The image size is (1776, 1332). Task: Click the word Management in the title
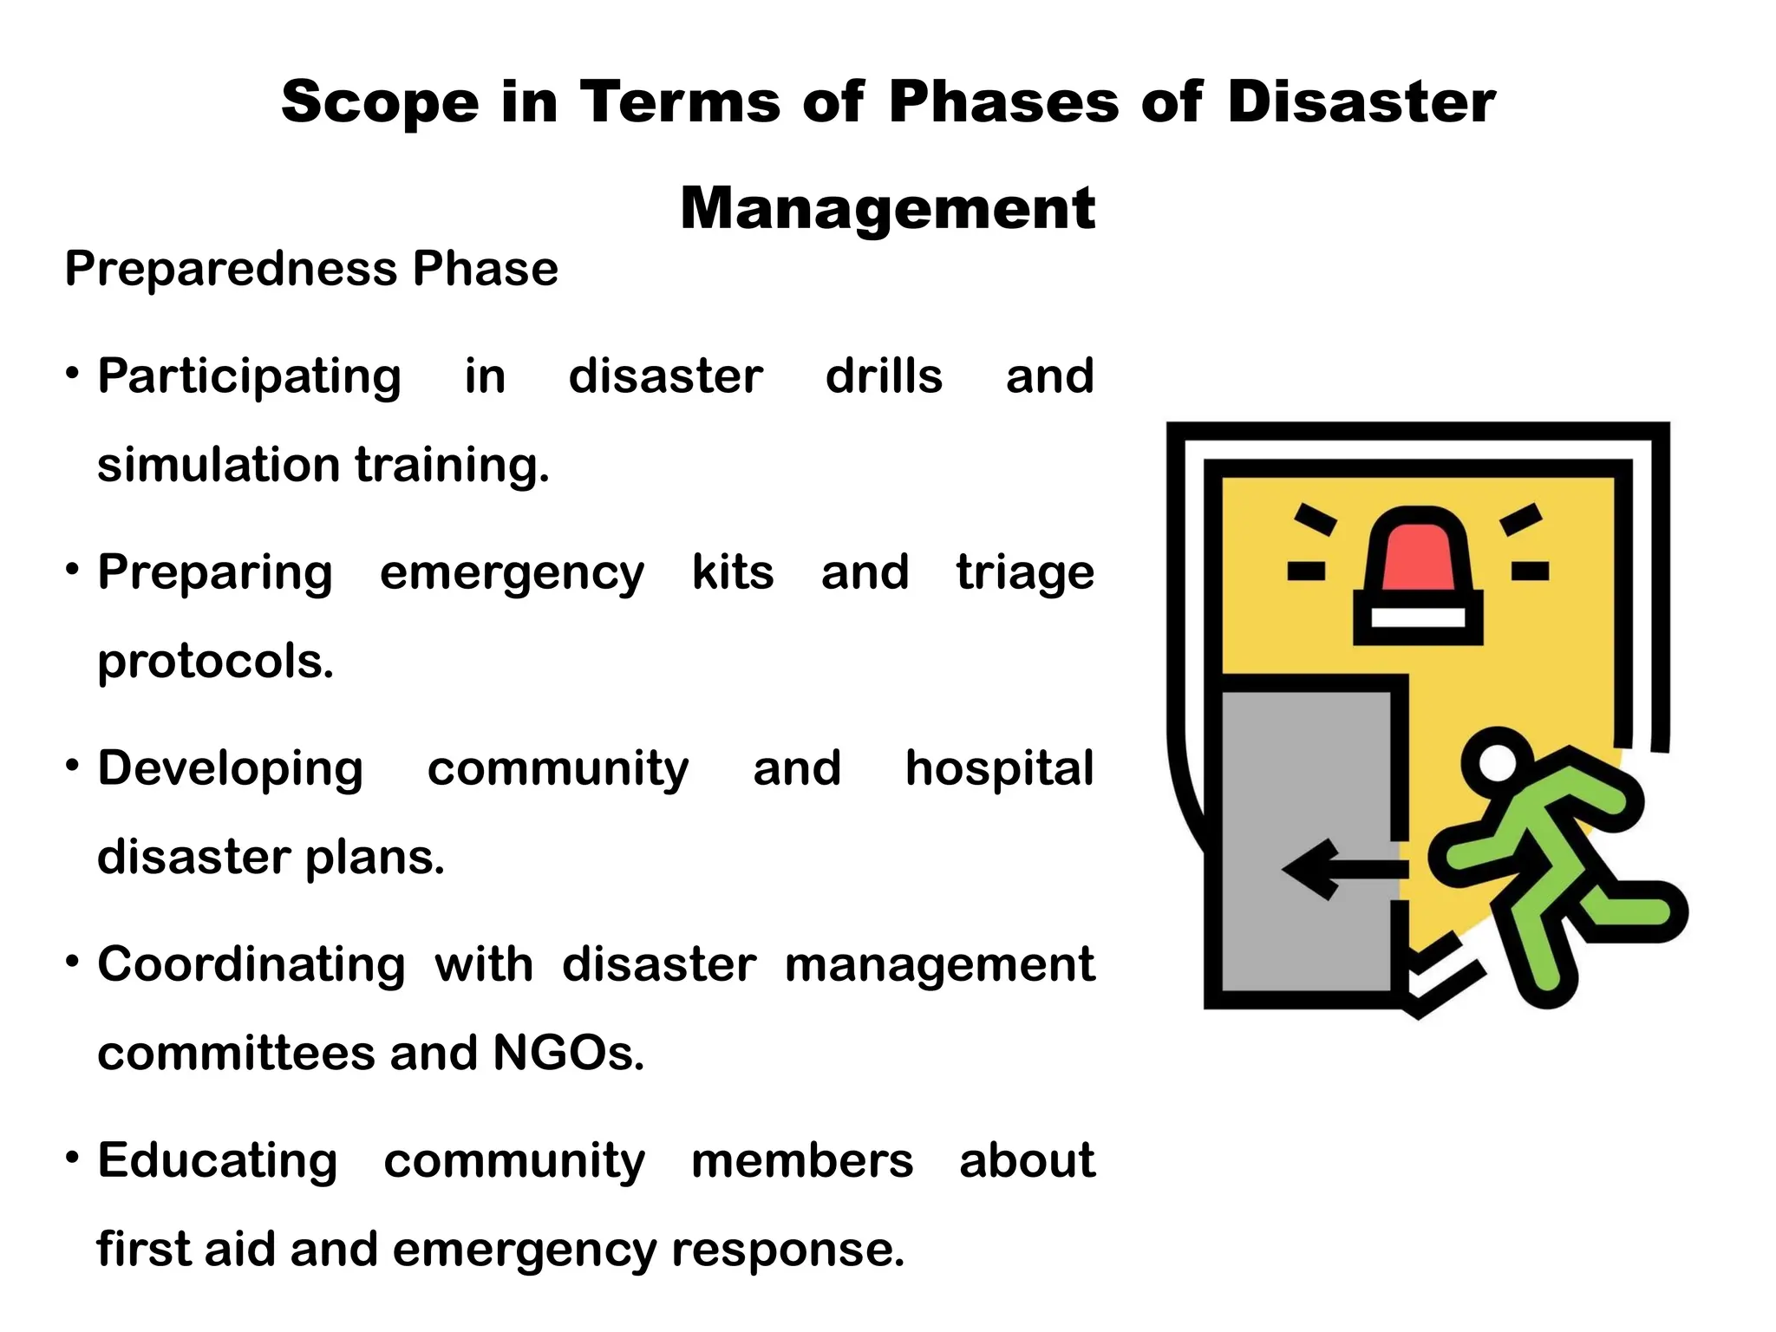(887, 209)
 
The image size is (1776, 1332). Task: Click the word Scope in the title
(380, 102)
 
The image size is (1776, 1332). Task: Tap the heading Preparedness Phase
(311, 269)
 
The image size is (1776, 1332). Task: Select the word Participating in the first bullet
(249, 377)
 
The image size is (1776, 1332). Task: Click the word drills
(884, 376)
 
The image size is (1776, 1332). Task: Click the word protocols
(215, 663)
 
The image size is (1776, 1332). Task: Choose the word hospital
(999, 769)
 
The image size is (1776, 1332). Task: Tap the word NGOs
(568, 1054)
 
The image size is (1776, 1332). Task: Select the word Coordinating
(251, 965)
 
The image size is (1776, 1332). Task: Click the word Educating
(217, 1161)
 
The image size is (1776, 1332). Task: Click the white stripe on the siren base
(1418, 617)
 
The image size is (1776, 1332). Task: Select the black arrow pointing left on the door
(1340, 869)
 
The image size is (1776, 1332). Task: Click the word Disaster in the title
(1361, 102)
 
